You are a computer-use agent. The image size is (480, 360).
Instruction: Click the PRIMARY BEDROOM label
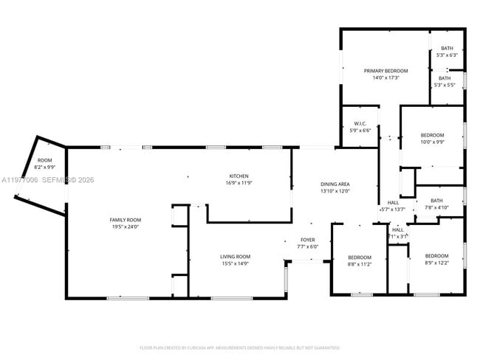385,71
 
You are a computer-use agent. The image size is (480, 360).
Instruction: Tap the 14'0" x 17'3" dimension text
385,77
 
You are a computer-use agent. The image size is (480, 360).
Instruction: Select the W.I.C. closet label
360,124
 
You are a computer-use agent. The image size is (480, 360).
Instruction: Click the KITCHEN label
239,176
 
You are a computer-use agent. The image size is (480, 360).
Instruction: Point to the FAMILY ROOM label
126,220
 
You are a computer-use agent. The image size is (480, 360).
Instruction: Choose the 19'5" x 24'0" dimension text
126,226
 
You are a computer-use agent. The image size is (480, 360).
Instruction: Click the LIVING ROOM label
235,257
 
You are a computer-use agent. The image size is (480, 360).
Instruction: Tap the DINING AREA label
335,184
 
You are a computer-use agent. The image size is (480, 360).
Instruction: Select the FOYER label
308,240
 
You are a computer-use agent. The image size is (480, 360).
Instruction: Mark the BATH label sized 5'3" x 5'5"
444,78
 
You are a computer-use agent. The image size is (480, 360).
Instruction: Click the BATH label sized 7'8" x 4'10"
436,201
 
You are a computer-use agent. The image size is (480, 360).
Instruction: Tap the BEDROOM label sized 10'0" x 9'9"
432,135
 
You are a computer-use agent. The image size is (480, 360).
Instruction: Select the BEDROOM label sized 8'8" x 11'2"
360,257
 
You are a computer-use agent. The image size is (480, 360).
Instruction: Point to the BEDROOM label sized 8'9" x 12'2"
436,256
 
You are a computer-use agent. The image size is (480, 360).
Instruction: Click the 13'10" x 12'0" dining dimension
335,190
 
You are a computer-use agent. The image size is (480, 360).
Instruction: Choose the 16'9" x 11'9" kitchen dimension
239,182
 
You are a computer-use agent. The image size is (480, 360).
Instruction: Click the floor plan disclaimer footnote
239,347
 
